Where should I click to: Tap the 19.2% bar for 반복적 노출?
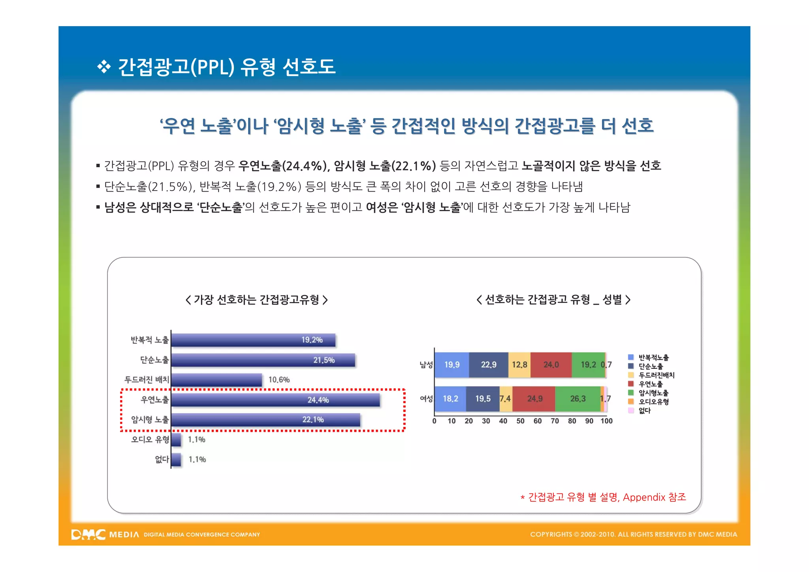[253, 340]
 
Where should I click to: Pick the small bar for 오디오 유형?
[176, 440]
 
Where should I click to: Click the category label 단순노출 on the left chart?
[154, 360]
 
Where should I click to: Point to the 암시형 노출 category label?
[150, 419]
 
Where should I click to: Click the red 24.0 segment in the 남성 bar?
[551, 364]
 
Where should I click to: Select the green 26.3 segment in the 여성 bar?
[578, 398]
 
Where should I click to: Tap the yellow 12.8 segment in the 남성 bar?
[519, 364]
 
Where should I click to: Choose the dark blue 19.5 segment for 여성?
[483, 398]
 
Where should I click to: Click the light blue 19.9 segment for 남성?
[452, 364]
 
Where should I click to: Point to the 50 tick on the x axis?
[520, 421]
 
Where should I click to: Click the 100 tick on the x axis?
[606, 421]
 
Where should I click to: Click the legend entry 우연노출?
[651, 384]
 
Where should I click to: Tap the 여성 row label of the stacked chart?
[426, 398]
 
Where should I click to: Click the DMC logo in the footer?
[88, 534]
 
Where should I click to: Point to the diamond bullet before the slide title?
[104, 66]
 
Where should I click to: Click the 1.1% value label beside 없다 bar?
[197, 459]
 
